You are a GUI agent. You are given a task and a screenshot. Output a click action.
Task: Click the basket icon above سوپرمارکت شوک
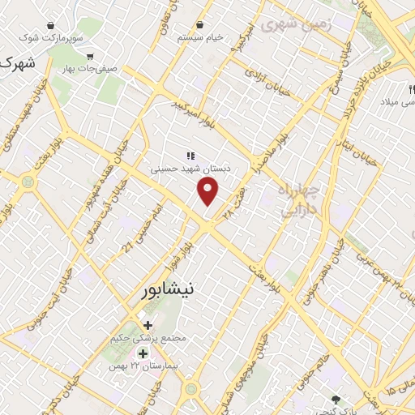pos(52,25)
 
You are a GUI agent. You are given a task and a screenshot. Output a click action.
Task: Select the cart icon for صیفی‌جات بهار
pos(89,57)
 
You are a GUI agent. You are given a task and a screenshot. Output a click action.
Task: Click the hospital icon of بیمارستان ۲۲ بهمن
pos(143,353)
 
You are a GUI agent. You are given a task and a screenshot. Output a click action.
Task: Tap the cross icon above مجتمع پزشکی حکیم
pos(148,325)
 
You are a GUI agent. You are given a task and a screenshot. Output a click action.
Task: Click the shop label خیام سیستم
pos(201,38)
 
